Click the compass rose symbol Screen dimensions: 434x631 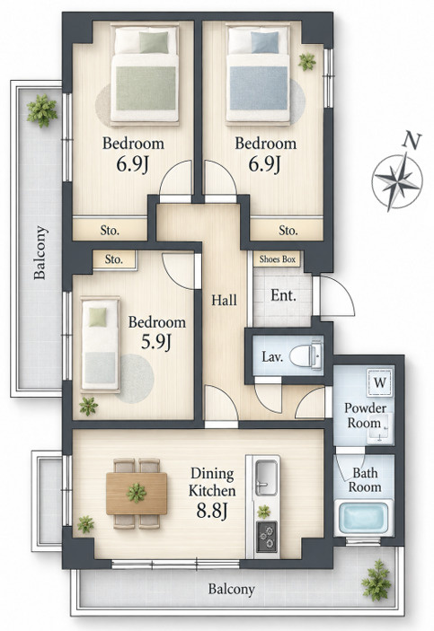tap(397, 181)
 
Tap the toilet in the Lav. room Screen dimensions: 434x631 tap(306, 355)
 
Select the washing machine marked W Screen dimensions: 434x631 tap(380, 382)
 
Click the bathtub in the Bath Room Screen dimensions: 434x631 tap(364, 518)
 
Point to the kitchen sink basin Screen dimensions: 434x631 tap(266, 476)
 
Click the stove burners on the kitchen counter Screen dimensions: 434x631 tap(267, 537)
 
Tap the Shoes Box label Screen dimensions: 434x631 tap(278, 259)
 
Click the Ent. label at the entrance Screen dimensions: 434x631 tap(283, 296)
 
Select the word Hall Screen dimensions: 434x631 tap(224, 300)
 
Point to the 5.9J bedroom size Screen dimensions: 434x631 tap(156, 342)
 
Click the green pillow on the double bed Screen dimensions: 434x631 tap(154, 42)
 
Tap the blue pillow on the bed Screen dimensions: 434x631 tap(265, 42)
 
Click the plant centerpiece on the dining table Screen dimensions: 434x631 tap(137, 493)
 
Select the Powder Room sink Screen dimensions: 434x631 tap(379, 429)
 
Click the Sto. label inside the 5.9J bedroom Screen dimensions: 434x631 tap(113, 259)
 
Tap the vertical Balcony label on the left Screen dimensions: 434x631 tap(40, 253)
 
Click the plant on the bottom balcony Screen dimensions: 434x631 tap(376, 580)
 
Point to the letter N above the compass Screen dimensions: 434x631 tap(412, 140)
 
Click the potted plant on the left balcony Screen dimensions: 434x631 tap(42, 110)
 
